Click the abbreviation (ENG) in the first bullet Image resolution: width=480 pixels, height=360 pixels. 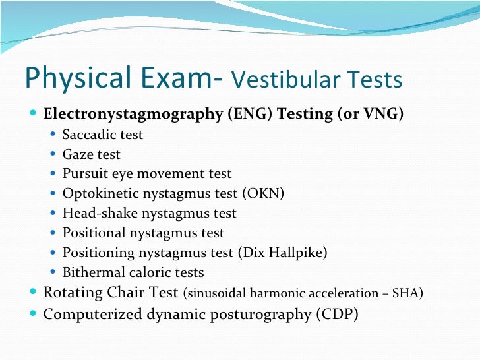point(249,113)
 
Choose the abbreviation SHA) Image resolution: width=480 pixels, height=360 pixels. point(409,293)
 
